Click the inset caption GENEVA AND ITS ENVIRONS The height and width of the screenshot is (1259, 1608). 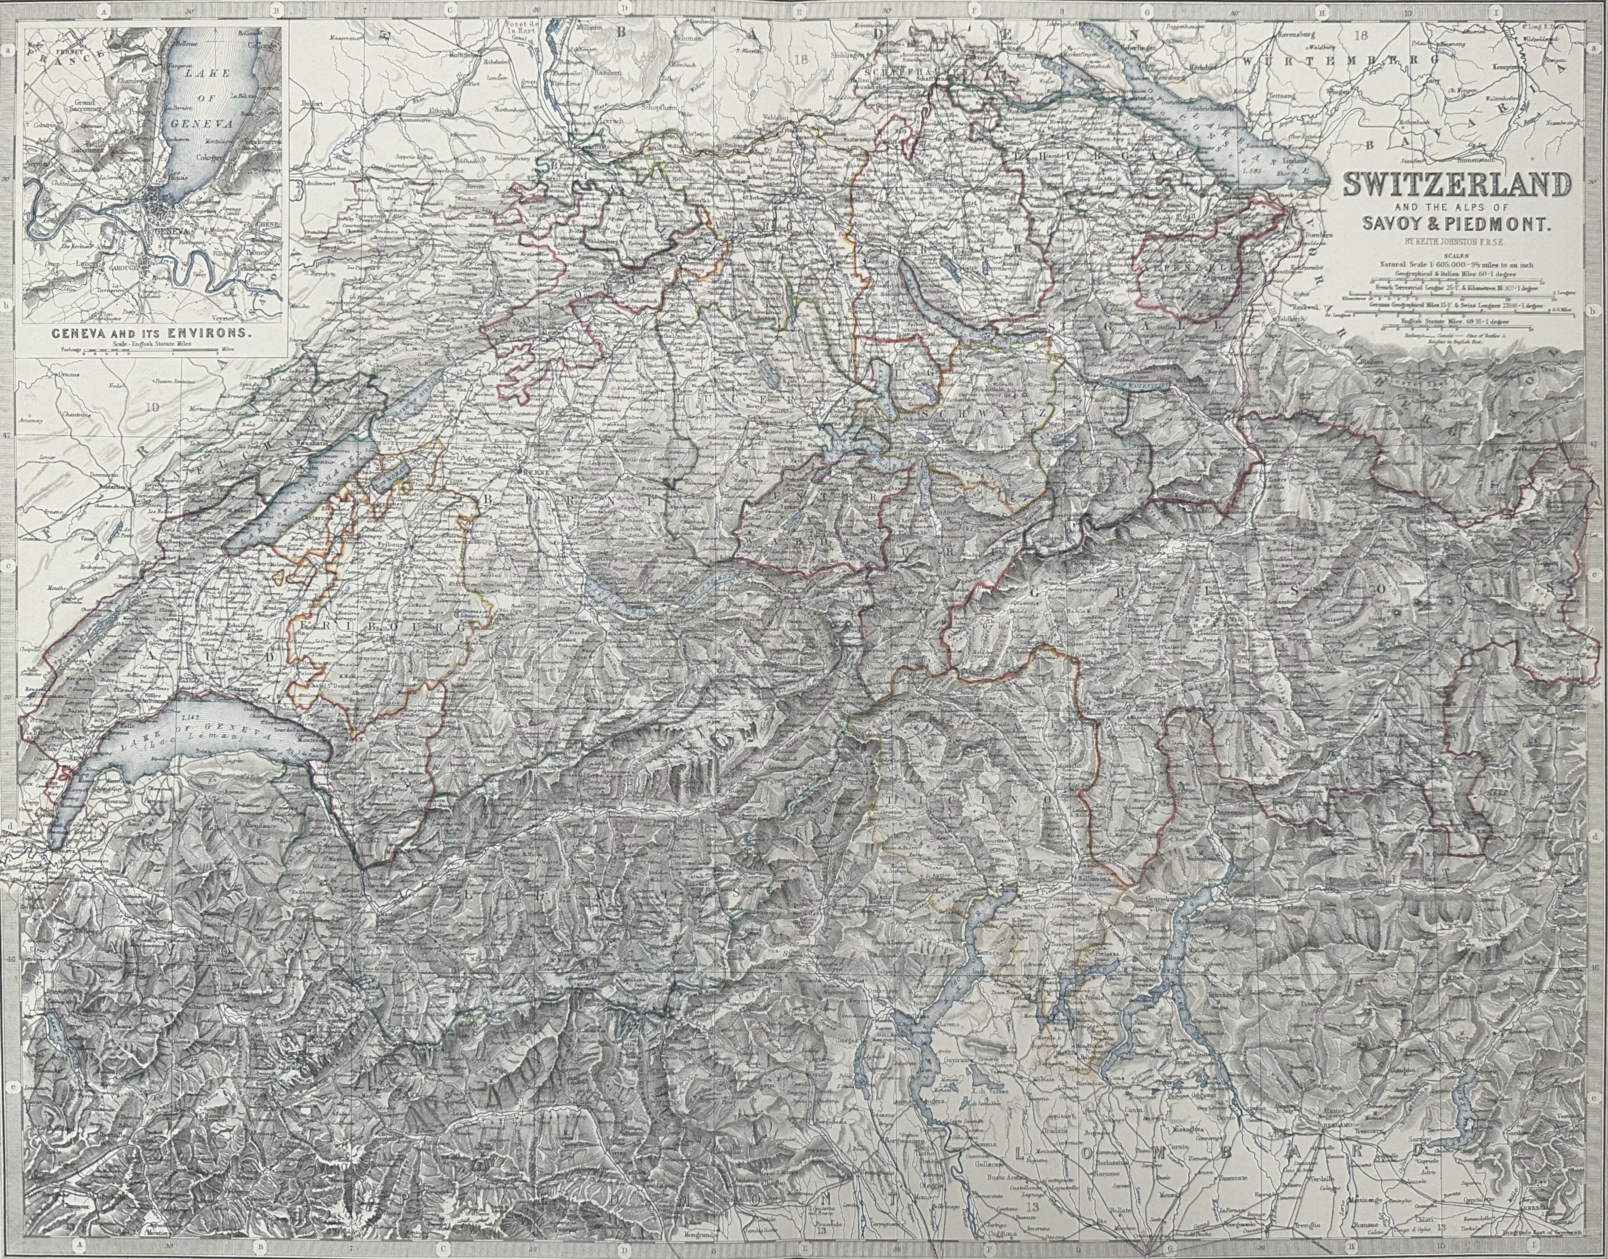151,333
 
